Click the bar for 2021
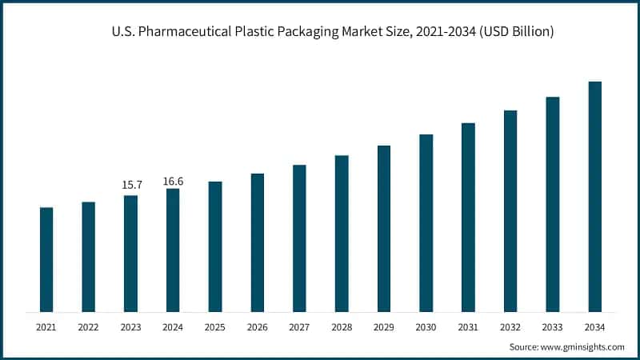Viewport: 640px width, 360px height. [46, 259]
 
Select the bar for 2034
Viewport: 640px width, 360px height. [594, 196]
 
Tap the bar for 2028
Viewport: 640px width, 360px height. [342, 233]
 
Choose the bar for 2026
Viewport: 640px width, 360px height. [258, 242]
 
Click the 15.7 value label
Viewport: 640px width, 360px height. [131, 185]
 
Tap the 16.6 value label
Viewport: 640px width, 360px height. [173, 181]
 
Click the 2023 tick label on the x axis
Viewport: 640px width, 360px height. [131, 327]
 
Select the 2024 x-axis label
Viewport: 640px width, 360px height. [173, 327]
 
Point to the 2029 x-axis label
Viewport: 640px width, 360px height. [384, 327]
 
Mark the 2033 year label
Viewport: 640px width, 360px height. [552, 327]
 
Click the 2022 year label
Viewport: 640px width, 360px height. [89, 327]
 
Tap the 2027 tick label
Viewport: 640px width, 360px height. [299, 327]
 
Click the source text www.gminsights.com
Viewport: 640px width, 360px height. [583, 347]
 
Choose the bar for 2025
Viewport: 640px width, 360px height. [215, 246]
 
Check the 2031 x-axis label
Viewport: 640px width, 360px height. [468, 327]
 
